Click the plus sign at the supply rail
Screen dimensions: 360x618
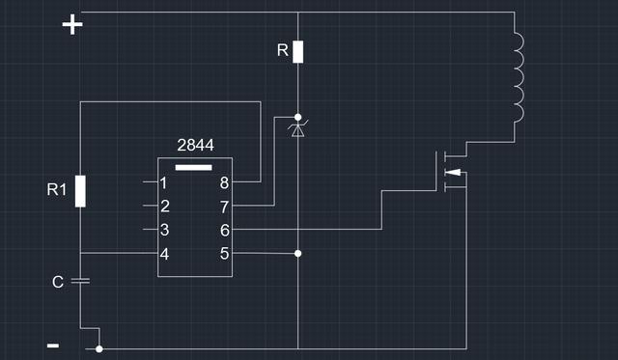pyautogui.click(x=72, y=24)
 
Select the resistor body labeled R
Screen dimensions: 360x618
pyautogui.click(x=298, y=51)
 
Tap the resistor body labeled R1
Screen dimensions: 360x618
pyautogui.click(x=81, y=191)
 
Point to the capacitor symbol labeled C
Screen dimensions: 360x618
pyautogui.click(x=81, y=281)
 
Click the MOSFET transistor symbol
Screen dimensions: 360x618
pyautogui.click(x=450, y=169)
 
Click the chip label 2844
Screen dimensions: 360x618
pyautogui.click(x=195, y=145)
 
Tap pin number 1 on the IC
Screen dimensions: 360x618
pyautogui.click(x=165, y=182)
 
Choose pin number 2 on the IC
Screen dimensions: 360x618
pyautogui.click(x=165, y=206)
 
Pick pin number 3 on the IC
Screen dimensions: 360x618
pyautogui.click(x=165, y=230)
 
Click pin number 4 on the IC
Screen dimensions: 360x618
pyautogui.click(x=165, y=254)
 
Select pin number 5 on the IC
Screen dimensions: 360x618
pyautogui.click(x=224, y=254)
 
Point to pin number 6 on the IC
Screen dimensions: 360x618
pyautogui.click(x=224, y=230)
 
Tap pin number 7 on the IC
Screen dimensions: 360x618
pyautogui.click(x=224, y=206)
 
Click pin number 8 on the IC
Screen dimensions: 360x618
pyautogui.click(x=224, y=182)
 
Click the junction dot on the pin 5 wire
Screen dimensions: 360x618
pyautogui.click(x=297, y=254)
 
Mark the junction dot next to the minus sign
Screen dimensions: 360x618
pyautogui.click(x=99, y=349)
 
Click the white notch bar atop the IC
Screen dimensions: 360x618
pyautogui.click(x=194, y=166)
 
